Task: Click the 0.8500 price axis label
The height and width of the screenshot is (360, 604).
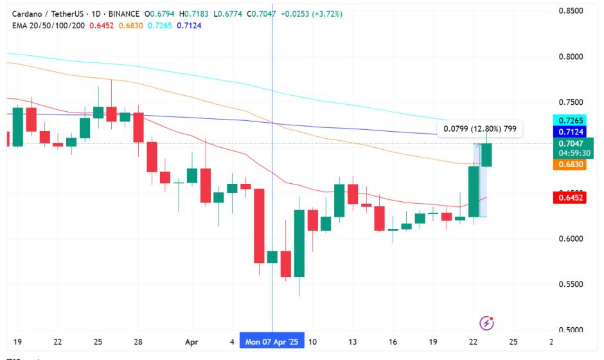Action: (571, 11)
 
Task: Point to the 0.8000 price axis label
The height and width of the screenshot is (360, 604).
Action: (571, 57)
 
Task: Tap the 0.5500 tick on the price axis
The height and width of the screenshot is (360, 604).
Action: (571, 285)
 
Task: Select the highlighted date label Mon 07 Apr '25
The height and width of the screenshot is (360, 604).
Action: (272, 342)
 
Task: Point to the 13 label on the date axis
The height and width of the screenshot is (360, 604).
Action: (352, 342)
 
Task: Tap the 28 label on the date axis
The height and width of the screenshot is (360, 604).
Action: (139, 342)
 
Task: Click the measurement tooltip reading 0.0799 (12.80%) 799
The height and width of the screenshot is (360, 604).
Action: (480, 129)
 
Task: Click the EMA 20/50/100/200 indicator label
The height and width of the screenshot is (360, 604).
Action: (49, 26)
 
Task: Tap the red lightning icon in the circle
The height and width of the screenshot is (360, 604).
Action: (488, 322)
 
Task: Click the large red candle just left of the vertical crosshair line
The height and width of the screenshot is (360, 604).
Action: (259, 226)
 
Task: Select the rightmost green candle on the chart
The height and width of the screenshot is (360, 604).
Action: (486, 155)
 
